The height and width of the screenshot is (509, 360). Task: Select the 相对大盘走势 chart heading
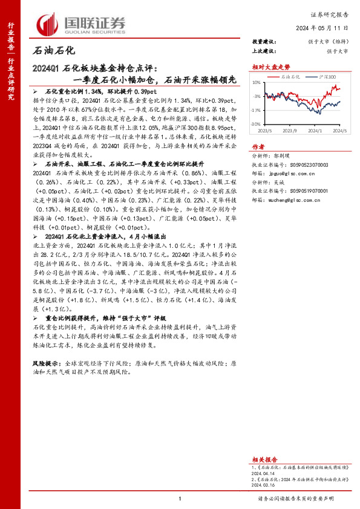pyautogui.click(x=267, y=67)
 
